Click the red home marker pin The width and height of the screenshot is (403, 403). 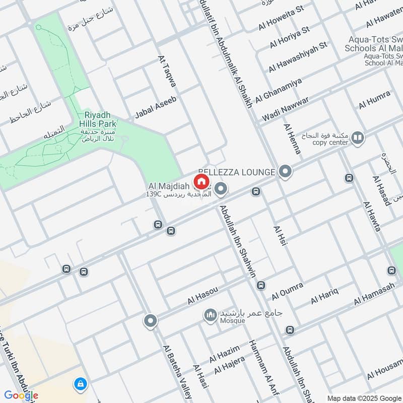coord(201,181)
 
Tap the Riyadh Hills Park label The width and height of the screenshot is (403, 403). coord(98,119)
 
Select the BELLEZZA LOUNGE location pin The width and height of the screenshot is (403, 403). coord(286,172)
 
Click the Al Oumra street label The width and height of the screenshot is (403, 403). coord(287,291)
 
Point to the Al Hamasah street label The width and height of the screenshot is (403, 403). coord(374,294)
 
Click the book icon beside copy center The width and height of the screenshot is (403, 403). coord(358,138)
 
